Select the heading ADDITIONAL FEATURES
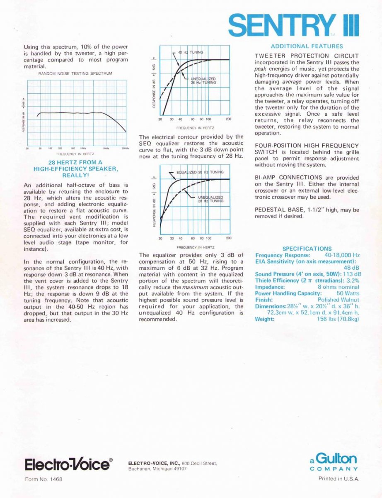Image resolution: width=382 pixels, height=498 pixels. click(x=307, y=46)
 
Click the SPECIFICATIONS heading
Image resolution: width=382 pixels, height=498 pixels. click(x=307, y=249)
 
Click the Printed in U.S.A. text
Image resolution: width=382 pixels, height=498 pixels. click(x=338, y=478)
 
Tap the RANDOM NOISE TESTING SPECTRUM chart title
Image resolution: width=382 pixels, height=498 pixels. click(x=75, y=73)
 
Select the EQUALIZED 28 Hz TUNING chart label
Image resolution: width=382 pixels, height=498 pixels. click(x=200, y=172)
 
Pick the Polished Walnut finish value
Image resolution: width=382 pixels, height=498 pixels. click(x=338, y=300)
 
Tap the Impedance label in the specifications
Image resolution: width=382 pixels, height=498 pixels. click(x=270, y=287)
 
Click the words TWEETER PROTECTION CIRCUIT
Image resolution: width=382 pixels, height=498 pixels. click(x=307, y=56)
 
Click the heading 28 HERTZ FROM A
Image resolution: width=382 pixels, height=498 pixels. click(x=75, y=162)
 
